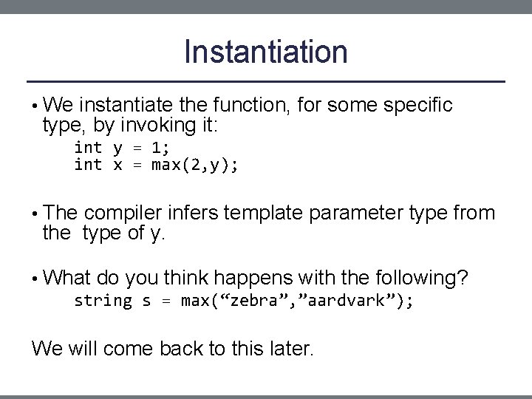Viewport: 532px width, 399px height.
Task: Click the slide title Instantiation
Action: coord(265,52)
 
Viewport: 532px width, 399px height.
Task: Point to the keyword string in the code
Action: coord(103,301)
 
